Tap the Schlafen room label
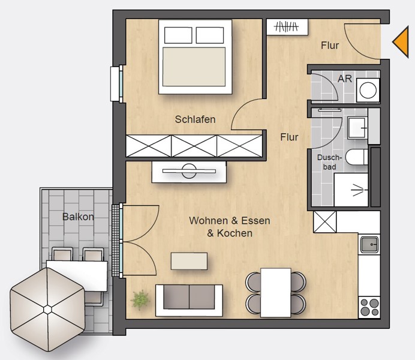pyautogui.click(x=195, y=119)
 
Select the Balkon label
pyautogui.click(x=78, y=217)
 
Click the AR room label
pyautogui.click(x=345, y=79)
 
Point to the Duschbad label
pyautogui.click(x=329, y=162)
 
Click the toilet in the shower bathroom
pyautogui.click(x=357, y=157)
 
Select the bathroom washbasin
pyautogui.click(x=357, y=128)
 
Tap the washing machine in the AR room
pyautogui.click(x=368, y=90)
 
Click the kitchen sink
pyautogui.click(x=369, y=244)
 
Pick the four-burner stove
pyautogui.click(x=369, y=307)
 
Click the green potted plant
pyautogui.click(x=140, y=300)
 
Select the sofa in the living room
pyautogui.click(x=189, y=301)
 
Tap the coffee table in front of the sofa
pyautogui.click(x=189, y=261)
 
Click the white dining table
pyautogui.click(x=275, y=293)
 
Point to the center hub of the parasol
pyautogui.click(x=47, y=310)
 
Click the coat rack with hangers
pyautogui.click(x=287, y=27)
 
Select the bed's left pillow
pyautogui.click(x=178, y=35)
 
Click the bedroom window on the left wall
pyautogui.click(x=117, y=83)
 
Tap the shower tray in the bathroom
pyautogui.click(x=351, y=190)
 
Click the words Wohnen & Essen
pyautogui.click(x=230, y=221)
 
